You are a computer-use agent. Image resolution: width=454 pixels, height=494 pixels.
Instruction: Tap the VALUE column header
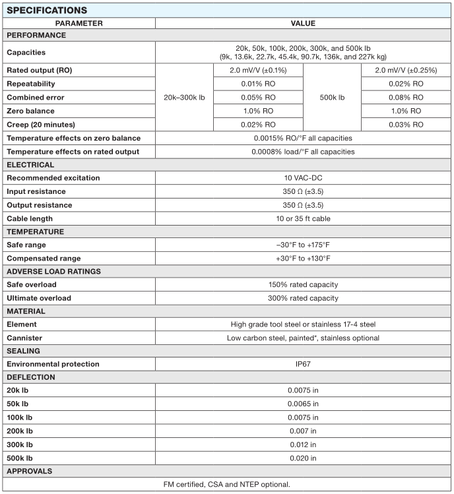[303, 23]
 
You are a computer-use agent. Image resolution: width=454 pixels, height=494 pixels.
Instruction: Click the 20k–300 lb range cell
[184, 98]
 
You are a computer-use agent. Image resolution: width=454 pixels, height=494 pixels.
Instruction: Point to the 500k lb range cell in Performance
[332, 98]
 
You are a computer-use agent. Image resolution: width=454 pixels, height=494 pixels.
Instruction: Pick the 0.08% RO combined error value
[406, 98]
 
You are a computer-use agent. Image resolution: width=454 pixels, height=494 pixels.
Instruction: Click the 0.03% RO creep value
[406, 125]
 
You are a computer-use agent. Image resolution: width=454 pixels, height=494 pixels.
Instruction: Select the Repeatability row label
[31, 84]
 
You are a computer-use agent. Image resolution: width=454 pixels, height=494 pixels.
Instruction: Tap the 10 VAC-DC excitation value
[303, 178]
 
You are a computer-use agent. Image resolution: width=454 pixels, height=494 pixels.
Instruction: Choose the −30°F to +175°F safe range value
[303, 245]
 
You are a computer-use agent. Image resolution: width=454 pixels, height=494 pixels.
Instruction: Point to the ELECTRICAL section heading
[31, 165]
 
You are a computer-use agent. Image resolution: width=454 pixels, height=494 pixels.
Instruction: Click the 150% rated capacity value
[303, 285]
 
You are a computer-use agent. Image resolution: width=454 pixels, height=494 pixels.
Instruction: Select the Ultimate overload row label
[39, 298]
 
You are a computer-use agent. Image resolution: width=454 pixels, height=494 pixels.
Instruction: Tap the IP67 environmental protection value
[303, 364]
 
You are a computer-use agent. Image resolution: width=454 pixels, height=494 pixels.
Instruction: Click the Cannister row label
[25, 338]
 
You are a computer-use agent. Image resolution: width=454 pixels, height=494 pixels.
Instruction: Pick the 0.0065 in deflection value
[303, 404]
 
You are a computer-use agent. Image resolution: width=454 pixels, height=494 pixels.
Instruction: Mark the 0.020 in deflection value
[303, 458]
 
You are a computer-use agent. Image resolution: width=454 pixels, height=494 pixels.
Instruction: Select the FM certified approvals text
[226, 485]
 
